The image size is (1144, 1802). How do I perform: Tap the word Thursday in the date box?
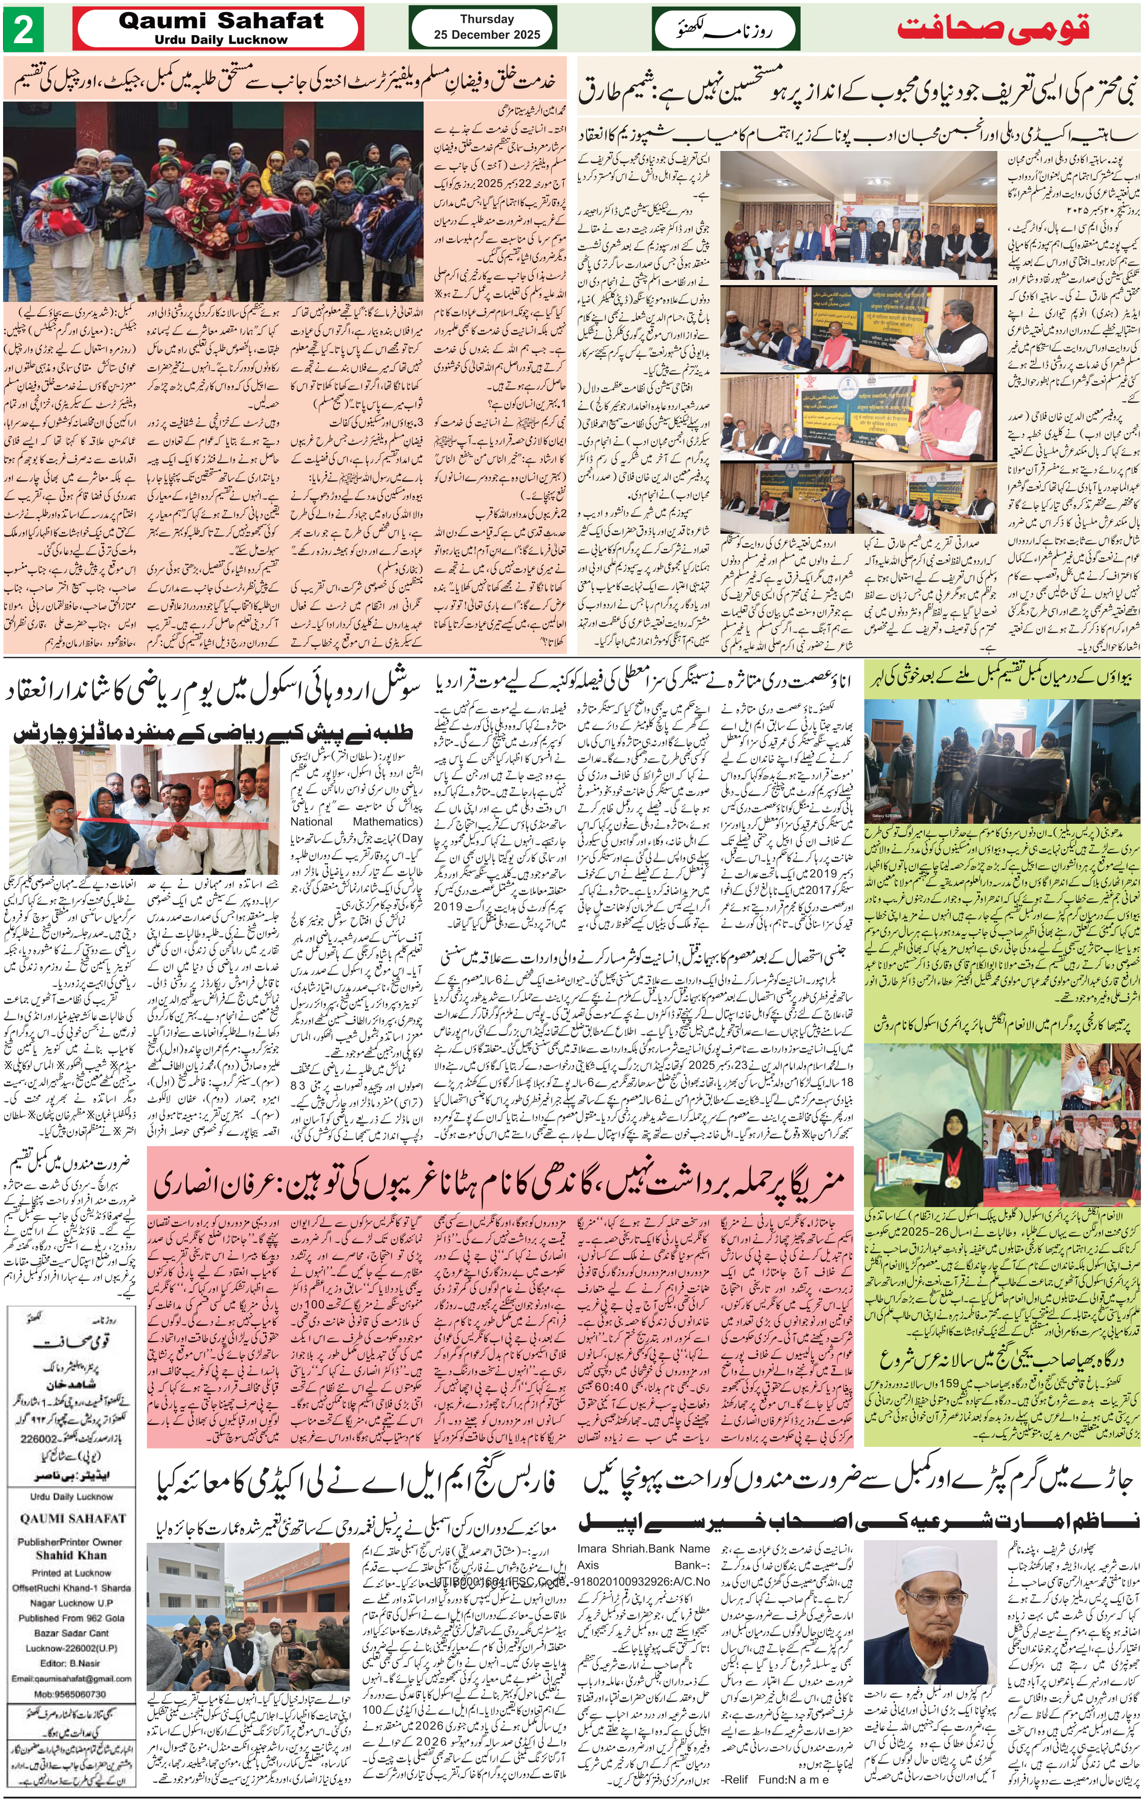coord(487,19)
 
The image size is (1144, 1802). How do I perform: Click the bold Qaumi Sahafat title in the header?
coord(221,21)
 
